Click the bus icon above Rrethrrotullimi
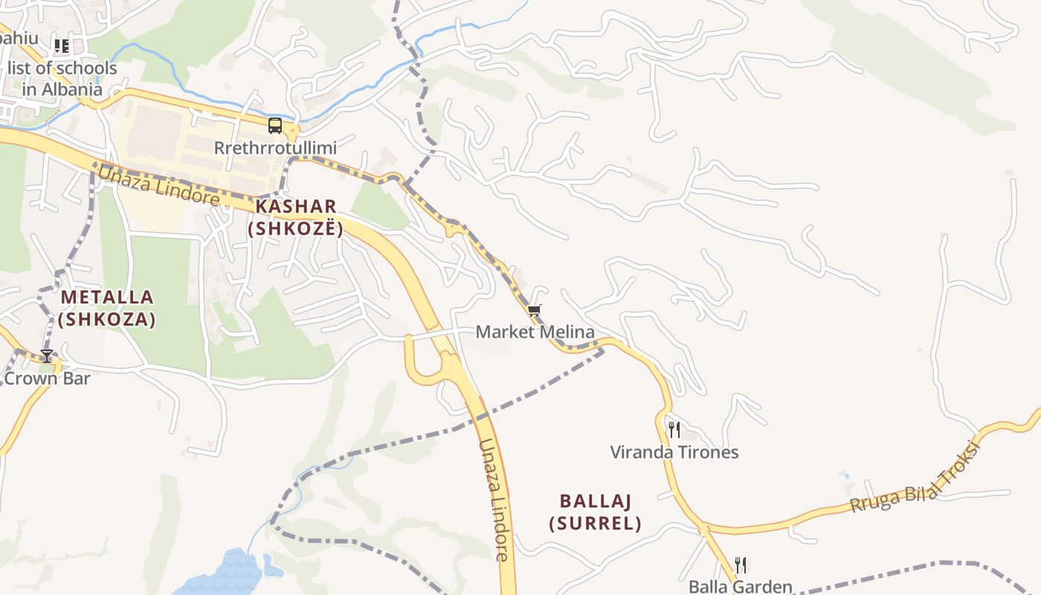coord(275,126)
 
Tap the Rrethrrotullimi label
coord(275,147)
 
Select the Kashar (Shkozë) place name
coord(296,217)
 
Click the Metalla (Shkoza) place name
coord(107,308)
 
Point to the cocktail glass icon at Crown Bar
coord(47,356)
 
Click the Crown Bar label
coord(47,379)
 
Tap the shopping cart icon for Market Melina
coord(535,310)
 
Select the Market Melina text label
coord(535,332)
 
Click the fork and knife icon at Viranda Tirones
coord(674,430)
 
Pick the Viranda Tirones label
coord(674,452)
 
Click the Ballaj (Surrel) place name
coord(596,511)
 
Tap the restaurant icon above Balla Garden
coord(740,565)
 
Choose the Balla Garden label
coord(741,587)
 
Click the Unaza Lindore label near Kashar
coord(159,186)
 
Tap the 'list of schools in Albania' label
coord(62,79)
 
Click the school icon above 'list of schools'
coord(62,46)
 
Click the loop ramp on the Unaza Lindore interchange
coord(424,361)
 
